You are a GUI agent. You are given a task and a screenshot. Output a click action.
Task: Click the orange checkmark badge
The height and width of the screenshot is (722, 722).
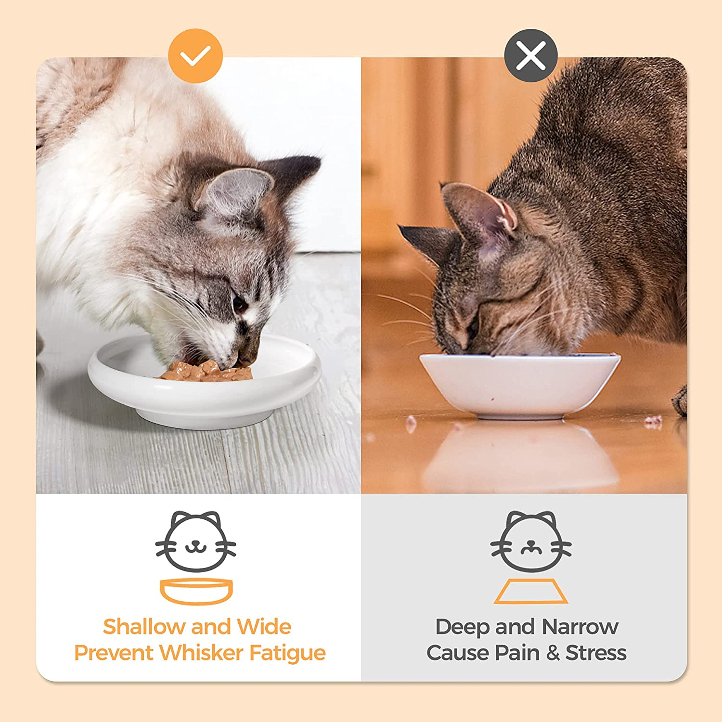[195, 56]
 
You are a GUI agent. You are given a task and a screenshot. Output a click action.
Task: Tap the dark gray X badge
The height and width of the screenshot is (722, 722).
[531, 55]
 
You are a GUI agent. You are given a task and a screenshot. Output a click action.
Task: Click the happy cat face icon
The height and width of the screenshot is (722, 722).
[195, 541]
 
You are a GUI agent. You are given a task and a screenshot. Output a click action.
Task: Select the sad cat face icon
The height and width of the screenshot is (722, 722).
[531, 541]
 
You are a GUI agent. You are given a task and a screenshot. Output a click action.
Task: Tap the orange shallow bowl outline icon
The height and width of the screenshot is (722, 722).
[196, 592]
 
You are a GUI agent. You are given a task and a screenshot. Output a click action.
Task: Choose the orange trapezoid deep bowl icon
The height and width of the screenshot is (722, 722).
[531, 592]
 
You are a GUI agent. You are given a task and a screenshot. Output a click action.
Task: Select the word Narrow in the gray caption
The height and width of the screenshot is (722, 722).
[580, 627]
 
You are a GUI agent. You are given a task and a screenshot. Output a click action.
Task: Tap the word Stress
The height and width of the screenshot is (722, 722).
[596, 653]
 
